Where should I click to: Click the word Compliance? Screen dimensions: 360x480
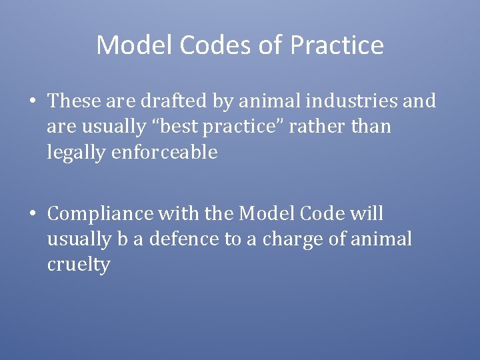(x=99, y=214)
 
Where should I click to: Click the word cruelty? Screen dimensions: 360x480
(x=78, y=265)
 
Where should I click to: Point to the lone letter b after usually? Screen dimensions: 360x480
(x=123, y=239)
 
